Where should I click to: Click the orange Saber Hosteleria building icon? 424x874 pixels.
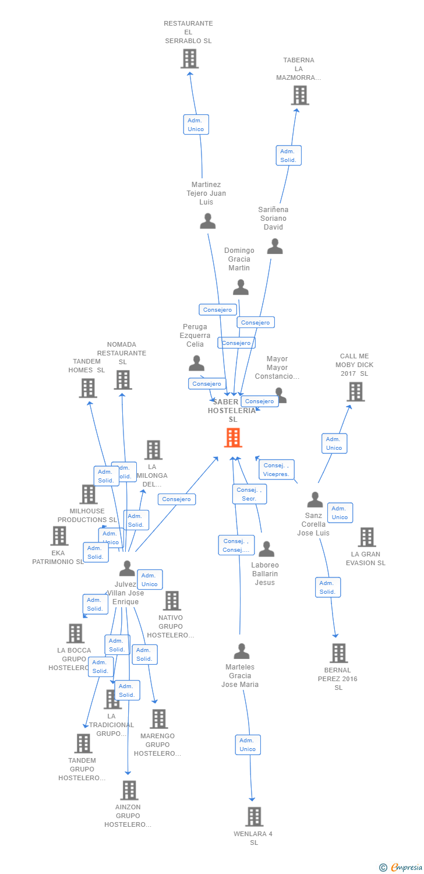233,438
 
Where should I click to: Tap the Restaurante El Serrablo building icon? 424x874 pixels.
189,59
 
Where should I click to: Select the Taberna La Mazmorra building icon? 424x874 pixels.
300,95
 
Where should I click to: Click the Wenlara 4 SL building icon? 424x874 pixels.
254,817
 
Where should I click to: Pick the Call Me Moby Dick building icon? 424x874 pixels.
356,392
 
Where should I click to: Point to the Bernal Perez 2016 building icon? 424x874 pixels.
338,653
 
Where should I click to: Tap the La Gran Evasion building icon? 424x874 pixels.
366,537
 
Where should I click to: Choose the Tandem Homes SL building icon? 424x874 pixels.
88,388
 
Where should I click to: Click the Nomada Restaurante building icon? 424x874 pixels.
122,380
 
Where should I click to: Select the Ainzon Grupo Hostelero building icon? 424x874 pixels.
129,790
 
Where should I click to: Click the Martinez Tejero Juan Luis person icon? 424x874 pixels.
208,221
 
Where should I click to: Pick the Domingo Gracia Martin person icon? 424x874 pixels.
241,287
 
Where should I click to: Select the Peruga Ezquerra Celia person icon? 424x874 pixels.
197,363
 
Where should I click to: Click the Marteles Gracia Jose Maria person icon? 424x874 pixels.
242,651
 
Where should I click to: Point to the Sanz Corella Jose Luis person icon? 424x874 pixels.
315,499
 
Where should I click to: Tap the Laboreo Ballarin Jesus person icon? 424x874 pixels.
266,549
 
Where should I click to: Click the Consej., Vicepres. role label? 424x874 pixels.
277,470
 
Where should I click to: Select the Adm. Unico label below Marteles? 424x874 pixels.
248,745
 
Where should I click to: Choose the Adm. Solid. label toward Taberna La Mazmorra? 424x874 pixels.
288,156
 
